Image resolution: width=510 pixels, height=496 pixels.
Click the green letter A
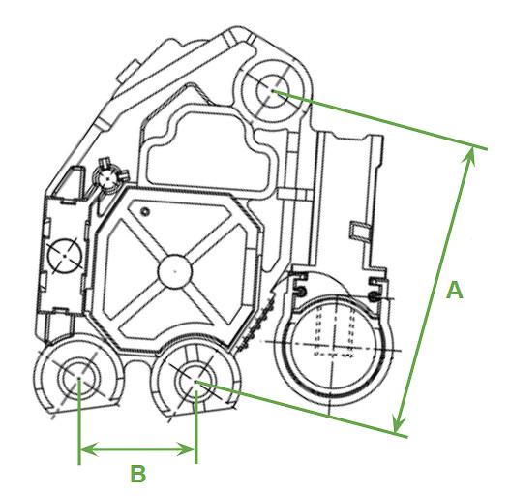pyautogui.click(x=455, y=291)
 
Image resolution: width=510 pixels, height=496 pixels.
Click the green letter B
pyautogui.click(x=138, y=474)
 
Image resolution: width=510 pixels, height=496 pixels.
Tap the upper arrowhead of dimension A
pyautogui.click(x=469, y=156)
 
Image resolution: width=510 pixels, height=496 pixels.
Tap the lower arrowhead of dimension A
pyautogui.click(x=398, y=423)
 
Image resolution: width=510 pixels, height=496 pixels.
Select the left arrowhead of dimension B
pyautogui.click(x=88, y=449)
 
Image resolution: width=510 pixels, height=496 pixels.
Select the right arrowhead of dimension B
pyautogui.click(x=186, y=449)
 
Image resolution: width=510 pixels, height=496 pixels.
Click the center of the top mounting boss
pyautogui.click(x=273, y=91)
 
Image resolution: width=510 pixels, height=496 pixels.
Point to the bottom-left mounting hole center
pyautogui.click(x=78, y=378)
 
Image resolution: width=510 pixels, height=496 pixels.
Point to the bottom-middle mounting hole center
pyautogui.click(x=195, y=381)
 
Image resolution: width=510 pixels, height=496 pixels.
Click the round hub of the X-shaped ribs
pyautogui.click(x=174, y=271)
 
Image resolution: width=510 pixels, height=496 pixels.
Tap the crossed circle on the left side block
pyautogui.click(x=65, y=256)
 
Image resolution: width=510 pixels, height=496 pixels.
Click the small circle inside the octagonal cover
pyautogui.click(x=145, y=212)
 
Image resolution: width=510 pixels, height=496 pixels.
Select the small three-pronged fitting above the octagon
pyautogui.click(x=108, y=177)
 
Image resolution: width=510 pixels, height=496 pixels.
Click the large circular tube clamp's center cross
pyautogui.click(x=334, y=346)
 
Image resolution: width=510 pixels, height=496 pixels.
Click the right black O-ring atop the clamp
pyautogui.click(x=375, y=296)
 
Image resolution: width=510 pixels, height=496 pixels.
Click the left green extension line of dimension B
pyautogui.click(x=79, y=421)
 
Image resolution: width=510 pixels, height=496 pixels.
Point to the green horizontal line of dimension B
pyautogui.click(x=137, y=449)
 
